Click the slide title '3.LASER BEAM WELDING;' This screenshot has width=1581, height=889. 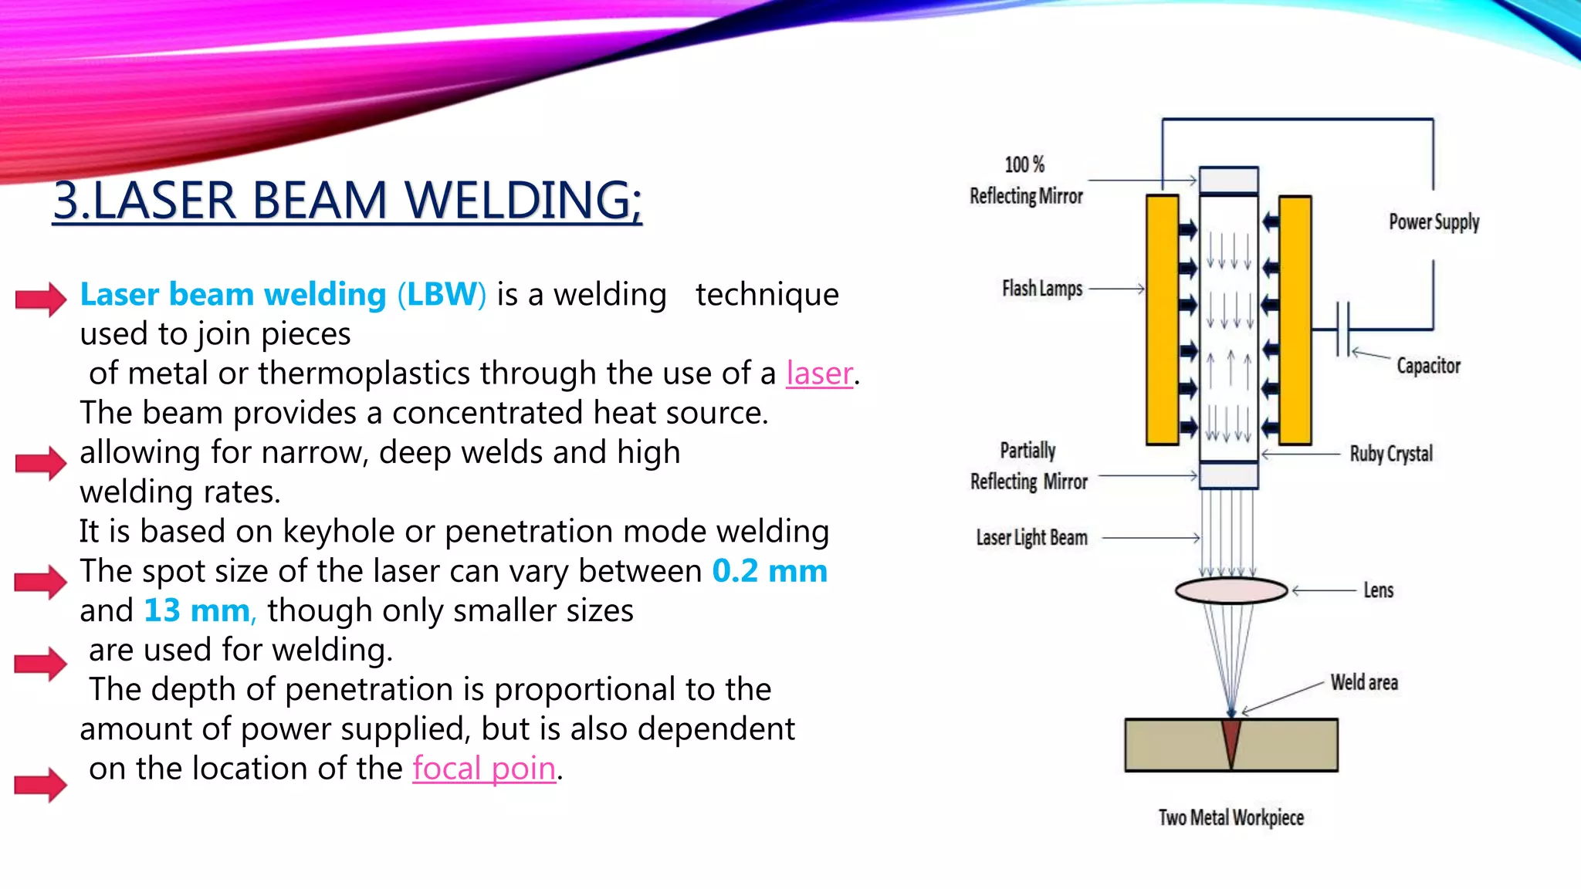[347, 201]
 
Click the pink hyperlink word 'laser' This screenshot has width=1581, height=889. [819, 374]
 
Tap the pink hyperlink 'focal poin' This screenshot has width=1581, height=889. [484, 769]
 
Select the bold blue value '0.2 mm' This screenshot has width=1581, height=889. [769, 571]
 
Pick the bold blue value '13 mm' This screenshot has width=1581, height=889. [197, 610]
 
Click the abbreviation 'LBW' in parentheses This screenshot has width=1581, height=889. [442, 295]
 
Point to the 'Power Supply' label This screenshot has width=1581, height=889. [1434, 222]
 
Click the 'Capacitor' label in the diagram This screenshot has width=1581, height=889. [1428, 366]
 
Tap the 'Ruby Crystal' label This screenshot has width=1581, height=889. [1390, 454]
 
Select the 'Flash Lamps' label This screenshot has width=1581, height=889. [1041, 289]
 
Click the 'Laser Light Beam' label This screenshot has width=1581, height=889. [1031, 538]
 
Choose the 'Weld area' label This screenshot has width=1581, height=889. [1364, 682]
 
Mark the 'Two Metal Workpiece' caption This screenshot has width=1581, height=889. [1231, 818]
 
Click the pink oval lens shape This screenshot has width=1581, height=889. [1231, 591]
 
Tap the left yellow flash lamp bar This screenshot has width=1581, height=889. [1162, 320]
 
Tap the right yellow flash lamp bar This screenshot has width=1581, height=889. [1295, 320]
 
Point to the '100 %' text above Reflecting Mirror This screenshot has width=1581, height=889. [1024, 164]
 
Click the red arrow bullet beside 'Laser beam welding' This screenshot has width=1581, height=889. [41, 299]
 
